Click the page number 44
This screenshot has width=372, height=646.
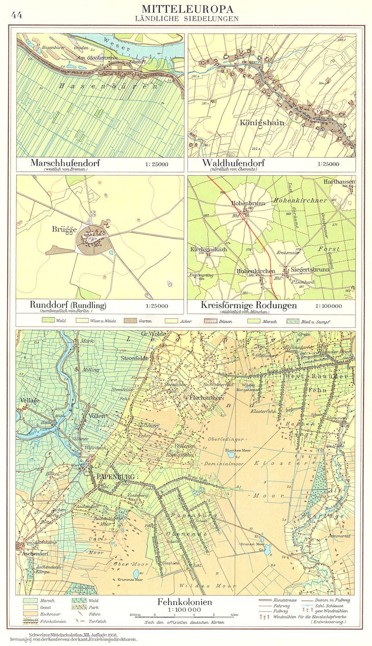[x=17, y=15]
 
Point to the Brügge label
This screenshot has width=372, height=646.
[x=64, y=229]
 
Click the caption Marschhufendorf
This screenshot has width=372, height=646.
[x=65, y=163]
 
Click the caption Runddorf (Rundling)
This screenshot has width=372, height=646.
[x=68, y=305]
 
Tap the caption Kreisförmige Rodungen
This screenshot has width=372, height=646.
[x=248, y=305]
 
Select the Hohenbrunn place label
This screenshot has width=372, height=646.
[x=248, y=203]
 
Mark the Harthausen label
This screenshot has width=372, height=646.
[x=339, y=182]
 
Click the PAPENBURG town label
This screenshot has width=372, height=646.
[x=115, y=476]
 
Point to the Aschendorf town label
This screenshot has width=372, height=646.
[x=35, y=554]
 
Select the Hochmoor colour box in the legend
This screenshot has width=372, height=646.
[x=31, y=614]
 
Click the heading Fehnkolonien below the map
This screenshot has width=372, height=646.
[x=184, y=602]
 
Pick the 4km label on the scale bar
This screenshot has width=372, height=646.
[x=233, y=615]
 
